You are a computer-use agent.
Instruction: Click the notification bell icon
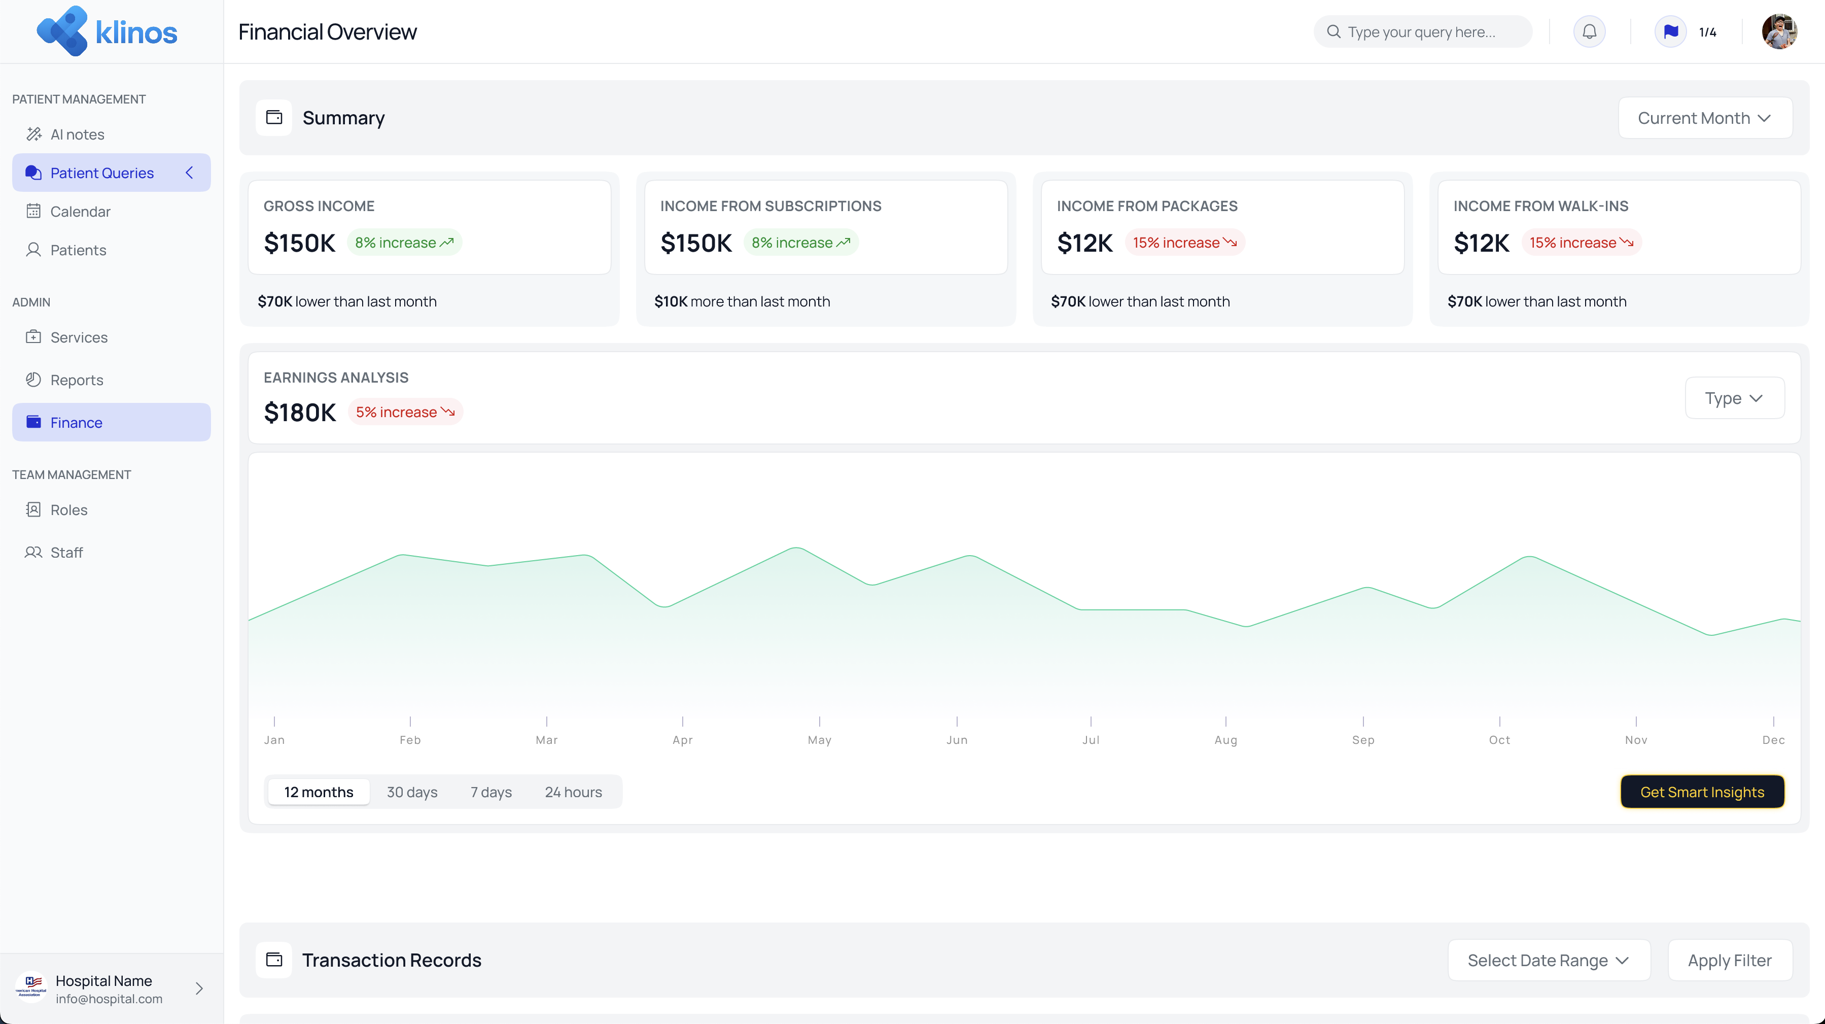click(x=1589, y=32)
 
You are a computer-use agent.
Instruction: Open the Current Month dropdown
click(x=1705, y=118)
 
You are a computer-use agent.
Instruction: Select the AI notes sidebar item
click(x=77, y=134)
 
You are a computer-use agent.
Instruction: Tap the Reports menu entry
click(x=77, y=381)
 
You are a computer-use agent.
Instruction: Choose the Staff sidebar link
click(x=66, y=553)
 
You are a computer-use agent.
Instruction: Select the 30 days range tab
click(x=412, y=792)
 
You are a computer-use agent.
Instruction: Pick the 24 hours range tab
click(x=573, y=792)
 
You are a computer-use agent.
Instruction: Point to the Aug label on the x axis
click(x=1225, y=740)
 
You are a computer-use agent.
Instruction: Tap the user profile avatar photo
click(x=1779, y=32)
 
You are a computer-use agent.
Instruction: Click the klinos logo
click(x=107, y=32)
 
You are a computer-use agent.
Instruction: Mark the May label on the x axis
click(x=820, y=740)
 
